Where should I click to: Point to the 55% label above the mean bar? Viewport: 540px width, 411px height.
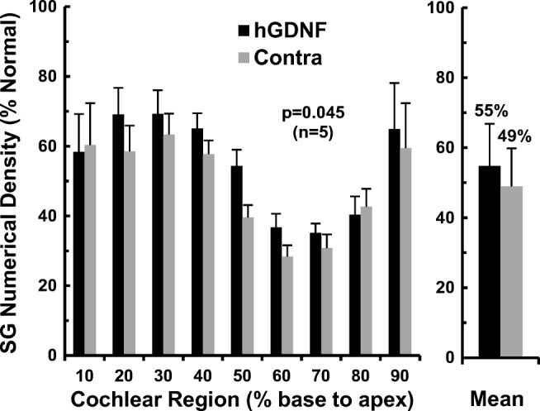(490, 111)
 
